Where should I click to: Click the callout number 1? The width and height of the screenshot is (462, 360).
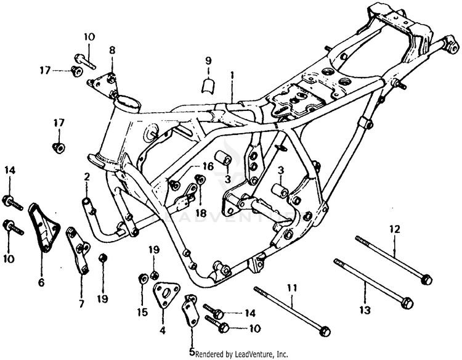click(232, 76)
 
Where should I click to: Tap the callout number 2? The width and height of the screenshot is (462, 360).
click(87, 178)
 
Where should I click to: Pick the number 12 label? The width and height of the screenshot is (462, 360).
click(394, 229)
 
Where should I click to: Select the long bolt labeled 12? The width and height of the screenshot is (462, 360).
click(392, 259)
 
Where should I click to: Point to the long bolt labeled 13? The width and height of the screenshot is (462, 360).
click(370, 283)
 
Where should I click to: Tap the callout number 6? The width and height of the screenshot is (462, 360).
click(41, 283)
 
